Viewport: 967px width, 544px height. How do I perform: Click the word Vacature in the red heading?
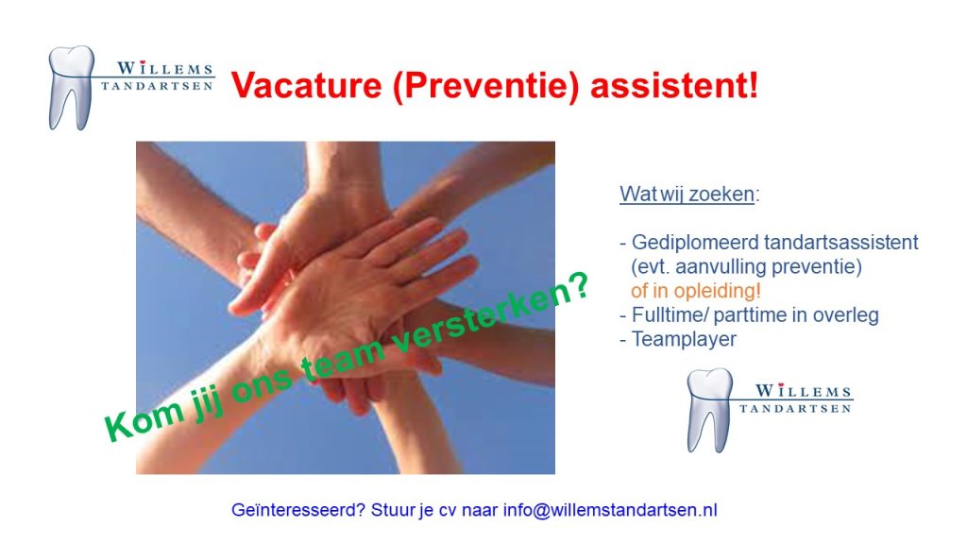click(307, 84)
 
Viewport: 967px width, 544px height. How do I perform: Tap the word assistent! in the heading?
click(674, 84)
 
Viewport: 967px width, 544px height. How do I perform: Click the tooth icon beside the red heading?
click(72, 88)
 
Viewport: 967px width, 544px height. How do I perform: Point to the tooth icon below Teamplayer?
click(710, 410)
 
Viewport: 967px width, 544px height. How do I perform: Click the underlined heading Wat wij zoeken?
click(687, 194)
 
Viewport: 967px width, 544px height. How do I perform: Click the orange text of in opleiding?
click(696, 291)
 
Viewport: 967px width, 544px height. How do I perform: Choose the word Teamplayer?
click(684, 339)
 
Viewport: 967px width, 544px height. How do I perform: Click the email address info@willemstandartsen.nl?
click(610, 510)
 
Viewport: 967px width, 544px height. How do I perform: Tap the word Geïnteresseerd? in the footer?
click(298, 511)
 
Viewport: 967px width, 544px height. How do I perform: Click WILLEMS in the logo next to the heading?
click(164, 68)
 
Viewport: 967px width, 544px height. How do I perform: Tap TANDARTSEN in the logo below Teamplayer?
click(795, 408)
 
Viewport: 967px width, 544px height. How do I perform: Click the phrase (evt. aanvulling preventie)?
click(746, 266)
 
